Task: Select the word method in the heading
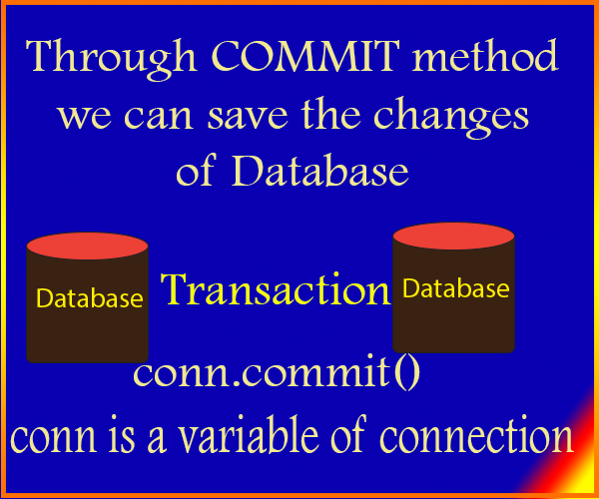[485, 55]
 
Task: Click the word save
[248, 115]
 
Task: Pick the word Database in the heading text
[320, 170]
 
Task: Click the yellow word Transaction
[277, 289]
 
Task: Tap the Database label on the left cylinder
[90, 297]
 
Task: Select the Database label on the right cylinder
[456, 287]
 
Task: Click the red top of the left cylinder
[87, 246]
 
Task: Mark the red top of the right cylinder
[453, 236]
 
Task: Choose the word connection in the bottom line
[476, 437]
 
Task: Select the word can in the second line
[158, 116]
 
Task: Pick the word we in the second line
[85, 116]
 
